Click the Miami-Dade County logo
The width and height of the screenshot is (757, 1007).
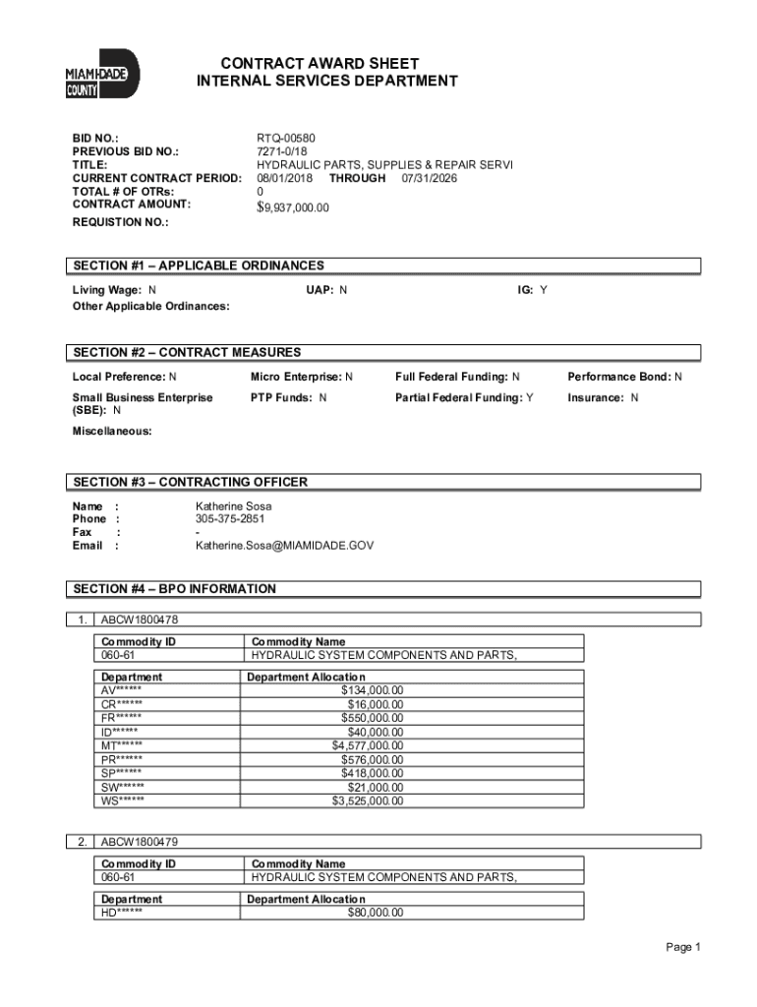pyautogui.click(x=102, y=75)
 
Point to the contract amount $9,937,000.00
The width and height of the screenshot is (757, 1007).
pyautogui.click(x=293, y=207)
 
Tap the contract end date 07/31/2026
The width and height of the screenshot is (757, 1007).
pyautogui.click(x=429, y=178)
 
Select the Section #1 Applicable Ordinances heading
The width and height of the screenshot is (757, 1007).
pyautogui.click(x=198, y=266)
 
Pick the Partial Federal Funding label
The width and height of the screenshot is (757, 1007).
pyautogui.click(x=459, y=397)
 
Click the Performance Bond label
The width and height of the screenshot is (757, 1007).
pyautogui.click(x=618, y=377)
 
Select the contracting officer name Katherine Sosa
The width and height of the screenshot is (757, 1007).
pyautogui.click(x=233, y=506)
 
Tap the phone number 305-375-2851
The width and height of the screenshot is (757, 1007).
pyautogui.click(x=230, y=519)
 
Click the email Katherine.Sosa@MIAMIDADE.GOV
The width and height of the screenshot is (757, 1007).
pyautogui.click(x=284, y=545)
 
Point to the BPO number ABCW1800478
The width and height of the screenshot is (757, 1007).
pyautogui.click(x=139, y=620)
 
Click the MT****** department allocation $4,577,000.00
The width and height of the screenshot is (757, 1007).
pyautogui.click(x=367, y=745)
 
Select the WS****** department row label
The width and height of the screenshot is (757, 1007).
pyautogui.click(x=123, y=800)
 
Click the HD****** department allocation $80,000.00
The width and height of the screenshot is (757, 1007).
pyautogui.click(x=375, y=912)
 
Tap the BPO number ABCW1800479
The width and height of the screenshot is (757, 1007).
pyautogui.click(x=139, y=842)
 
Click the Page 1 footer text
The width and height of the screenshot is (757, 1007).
pyautogui.click(x=682, y=947)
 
